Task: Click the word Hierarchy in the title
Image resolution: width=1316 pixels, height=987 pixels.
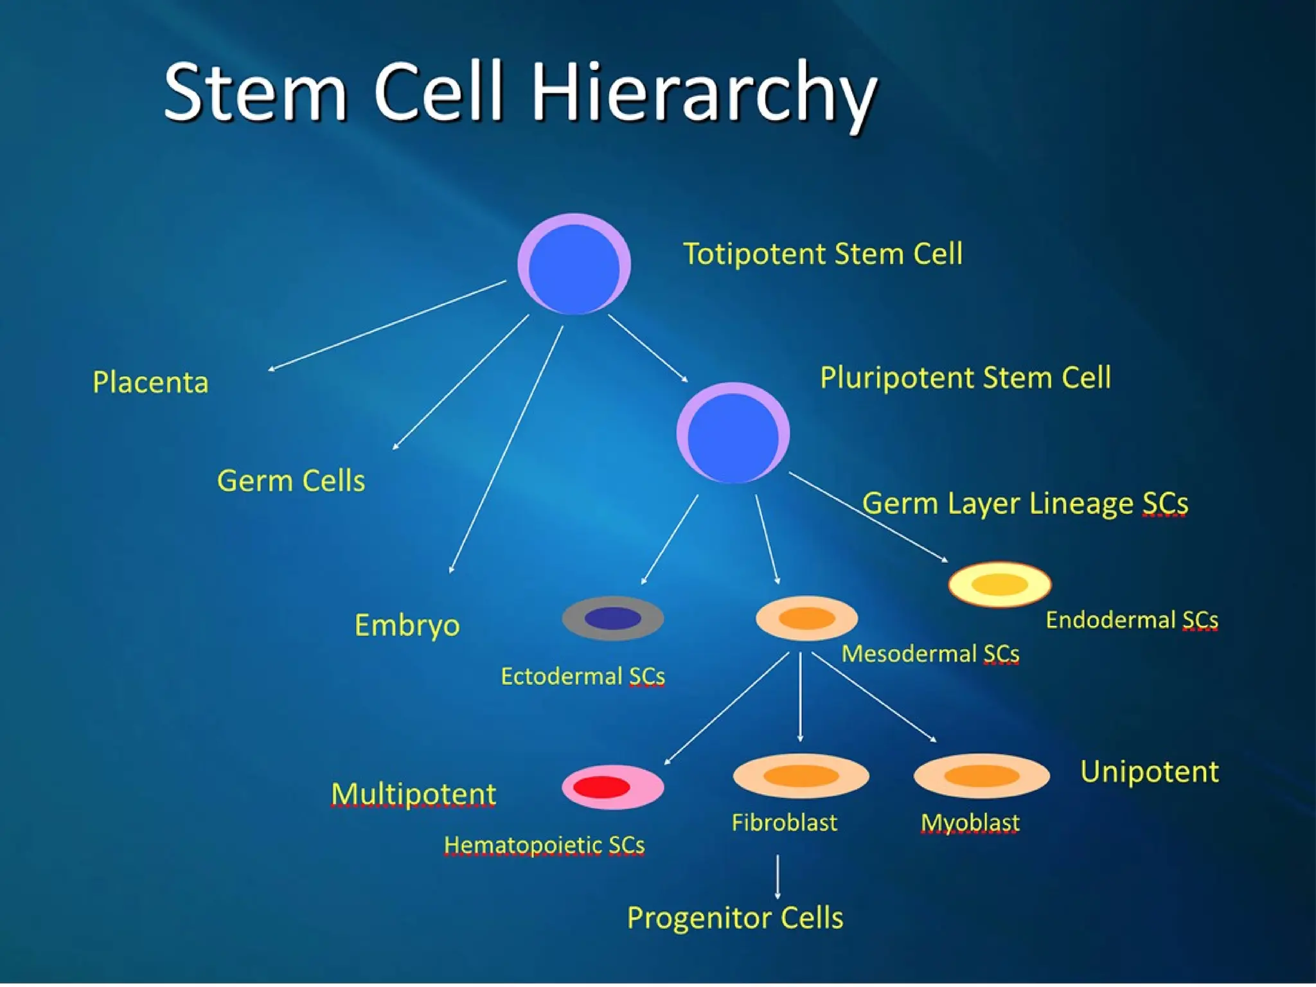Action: tap(704, 93)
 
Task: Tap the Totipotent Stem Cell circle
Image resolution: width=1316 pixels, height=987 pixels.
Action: tap(574, 264)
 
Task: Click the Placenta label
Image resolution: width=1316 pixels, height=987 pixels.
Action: tap(150, 382)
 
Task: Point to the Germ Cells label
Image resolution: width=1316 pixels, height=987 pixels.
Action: tap(290, 481)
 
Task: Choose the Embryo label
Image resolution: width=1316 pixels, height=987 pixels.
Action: tap(407, 625)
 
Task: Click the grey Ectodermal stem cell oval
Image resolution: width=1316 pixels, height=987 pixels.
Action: tap(612, 618)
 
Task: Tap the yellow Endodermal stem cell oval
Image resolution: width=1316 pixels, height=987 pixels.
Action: tap(999, 584)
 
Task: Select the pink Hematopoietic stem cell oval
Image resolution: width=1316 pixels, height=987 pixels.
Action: tap(612, 787)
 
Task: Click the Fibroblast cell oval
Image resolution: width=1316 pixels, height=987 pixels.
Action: tap(801, 776)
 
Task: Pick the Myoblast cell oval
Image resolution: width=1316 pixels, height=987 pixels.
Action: tap(981, 776)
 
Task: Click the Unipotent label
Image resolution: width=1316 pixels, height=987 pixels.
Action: tap(1149, 772)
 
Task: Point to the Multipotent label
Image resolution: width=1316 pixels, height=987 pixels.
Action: tap(413, 794)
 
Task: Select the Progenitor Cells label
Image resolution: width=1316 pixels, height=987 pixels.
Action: tap(734, 918)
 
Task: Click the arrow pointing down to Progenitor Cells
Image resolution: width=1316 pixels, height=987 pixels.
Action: tap(778, 876)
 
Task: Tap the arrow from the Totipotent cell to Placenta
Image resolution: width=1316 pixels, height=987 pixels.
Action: tap(387, 326)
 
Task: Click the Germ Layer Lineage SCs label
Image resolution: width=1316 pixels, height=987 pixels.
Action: tap(1025, 503)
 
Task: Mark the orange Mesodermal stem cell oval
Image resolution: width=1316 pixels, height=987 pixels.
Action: tap(806, 618)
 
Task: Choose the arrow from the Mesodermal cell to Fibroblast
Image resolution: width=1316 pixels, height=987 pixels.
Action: tap(800, 697)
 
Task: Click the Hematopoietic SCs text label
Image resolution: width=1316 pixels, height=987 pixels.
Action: tap(544, 845)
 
